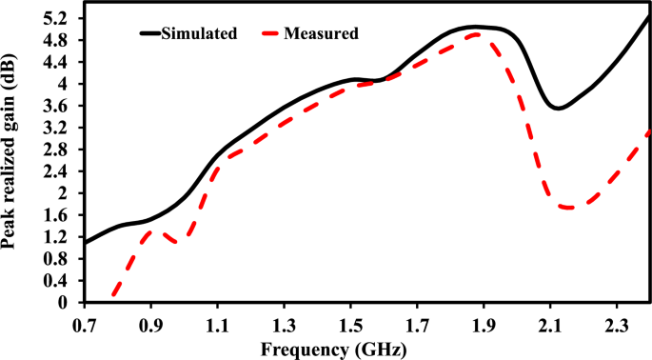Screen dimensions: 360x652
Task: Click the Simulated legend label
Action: [201, 33]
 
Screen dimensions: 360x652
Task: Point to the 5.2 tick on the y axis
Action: [61, 19]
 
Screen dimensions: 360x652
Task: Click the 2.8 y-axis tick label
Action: [61, 150]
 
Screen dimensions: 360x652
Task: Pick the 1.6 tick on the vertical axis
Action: [61, 215]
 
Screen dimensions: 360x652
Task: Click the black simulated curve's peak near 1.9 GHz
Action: [476, 27]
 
